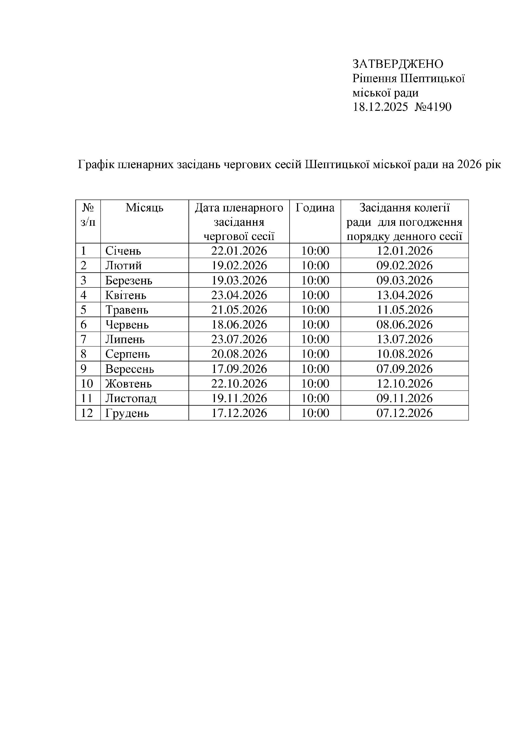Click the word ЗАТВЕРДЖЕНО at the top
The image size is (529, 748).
pos(398,64)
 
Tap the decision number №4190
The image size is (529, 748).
pos(433,107)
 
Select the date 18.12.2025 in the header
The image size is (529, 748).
pos(380,107)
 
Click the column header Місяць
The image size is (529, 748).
pos(144,208)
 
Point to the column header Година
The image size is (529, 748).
pos(315,208)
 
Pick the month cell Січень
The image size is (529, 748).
pos(123,251)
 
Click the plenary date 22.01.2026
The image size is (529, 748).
pos(239,251)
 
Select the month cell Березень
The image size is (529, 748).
pos(129,281)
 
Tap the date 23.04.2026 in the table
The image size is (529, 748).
pos(239,295)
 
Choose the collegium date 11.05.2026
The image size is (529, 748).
pos(404,310)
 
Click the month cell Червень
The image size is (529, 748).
pos(127,325)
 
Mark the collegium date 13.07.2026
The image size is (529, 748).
pos(404,340)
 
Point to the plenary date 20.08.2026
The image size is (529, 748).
pos(239,354)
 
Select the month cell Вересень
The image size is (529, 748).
pos(129,369)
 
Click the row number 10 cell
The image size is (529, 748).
pos(87,384)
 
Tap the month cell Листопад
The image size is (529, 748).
pos(131,399)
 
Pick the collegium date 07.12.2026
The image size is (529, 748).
pos(404,413)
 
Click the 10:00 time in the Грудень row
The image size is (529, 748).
pos(315,413)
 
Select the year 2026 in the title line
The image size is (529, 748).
pos(469,165)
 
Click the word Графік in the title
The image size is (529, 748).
pos(96,165)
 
